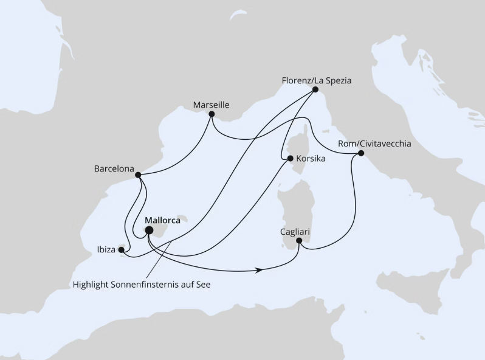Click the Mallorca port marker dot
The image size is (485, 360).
click(149, 230)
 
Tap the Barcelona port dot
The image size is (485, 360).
click(138, 175)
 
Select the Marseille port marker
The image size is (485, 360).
click(212, 114)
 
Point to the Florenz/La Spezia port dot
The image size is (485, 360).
click(315, 89)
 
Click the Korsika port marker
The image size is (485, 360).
click(291, 159)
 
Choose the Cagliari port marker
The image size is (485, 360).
click(298, 241)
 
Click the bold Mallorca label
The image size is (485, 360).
click(162, 220)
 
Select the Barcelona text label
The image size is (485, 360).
click(114, 168)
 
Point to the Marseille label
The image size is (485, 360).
click(211, 105)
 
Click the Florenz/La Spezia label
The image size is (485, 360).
click(317, 80)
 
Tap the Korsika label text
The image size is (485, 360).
click(311, 159)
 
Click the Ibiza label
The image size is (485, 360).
click(106, 249)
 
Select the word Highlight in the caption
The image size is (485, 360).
click(92, 285)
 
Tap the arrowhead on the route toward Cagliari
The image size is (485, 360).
click(260, 270)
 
